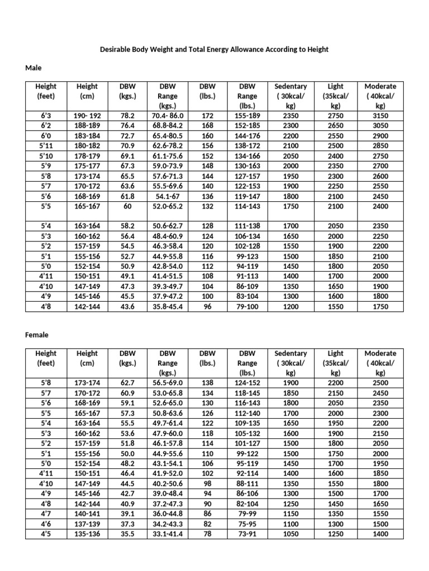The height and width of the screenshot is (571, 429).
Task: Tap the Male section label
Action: click(34, 67)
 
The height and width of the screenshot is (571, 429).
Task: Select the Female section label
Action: click(37, 335)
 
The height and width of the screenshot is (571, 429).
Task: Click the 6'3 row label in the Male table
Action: click(46, 115)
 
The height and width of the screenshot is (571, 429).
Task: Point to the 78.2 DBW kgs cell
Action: click(128, 115)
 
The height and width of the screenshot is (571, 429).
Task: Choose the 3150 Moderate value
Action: click(380, 115)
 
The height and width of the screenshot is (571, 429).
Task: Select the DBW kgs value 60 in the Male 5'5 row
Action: click(128, 206)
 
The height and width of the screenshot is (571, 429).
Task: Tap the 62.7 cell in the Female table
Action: click(128, 383)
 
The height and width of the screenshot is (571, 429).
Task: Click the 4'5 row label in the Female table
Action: click(46, 534)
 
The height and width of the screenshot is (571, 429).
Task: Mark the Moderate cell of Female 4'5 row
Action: click(380, 534)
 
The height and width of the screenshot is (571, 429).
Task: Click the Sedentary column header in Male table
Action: click(290, 96)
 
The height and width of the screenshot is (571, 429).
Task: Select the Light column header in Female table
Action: click(336, 363)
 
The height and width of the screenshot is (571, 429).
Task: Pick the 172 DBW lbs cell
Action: click(207, 115)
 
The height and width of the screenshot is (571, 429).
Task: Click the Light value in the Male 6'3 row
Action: click(336, 115)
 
